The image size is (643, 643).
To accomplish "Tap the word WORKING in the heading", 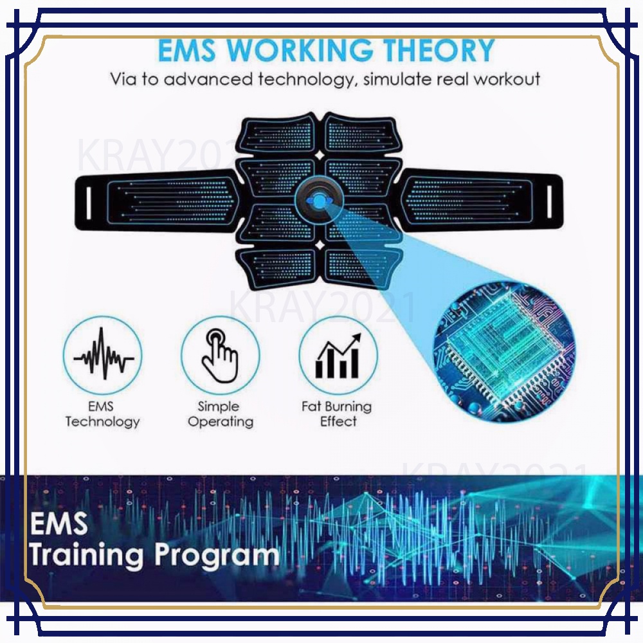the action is click(x=300, y=50).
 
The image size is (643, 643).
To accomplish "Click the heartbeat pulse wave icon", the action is click(x=104, y=354).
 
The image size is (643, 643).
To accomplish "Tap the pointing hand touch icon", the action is click(x=220, y=355).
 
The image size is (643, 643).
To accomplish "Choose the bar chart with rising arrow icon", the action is click(x=338, y=356).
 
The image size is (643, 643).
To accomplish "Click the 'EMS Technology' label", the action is click(x=102, y=413).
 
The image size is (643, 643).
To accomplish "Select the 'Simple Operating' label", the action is click(x=220, y=413).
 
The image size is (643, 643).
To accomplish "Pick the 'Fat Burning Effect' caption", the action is click(x=337, y=413).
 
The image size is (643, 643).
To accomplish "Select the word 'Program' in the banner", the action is click(x=217, y=556).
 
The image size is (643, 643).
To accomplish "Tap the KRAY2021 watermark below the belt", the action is click(x=323, y=306).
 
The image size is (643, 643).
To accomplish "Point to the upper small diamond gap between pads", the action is click(x=320, y=156).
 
